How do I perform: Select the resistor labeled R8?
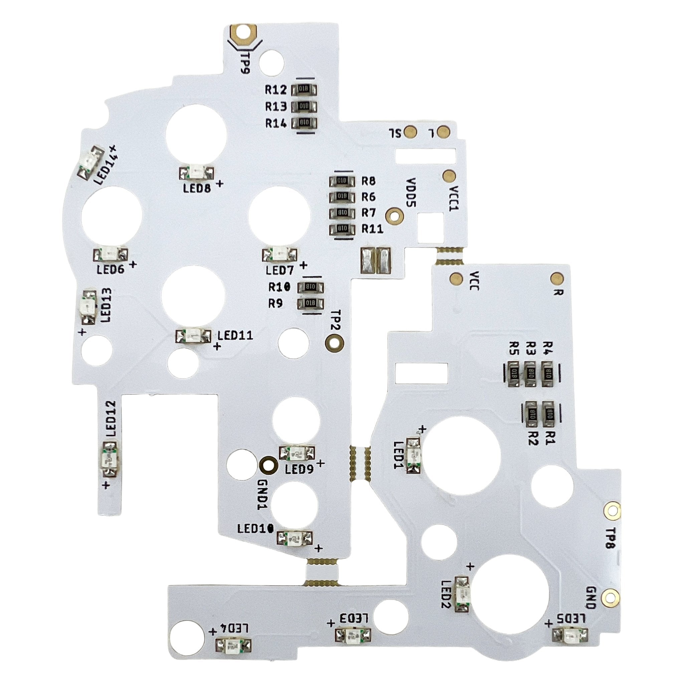[342, 181]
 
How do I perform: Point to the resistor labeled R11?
[342, 229]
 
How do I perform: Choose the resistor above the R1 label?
[550, 413]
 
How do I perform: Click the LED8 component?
[197, 173]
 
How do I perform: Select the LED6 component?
[111, 254]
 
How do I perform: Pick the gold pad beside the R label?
[557, 278]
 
